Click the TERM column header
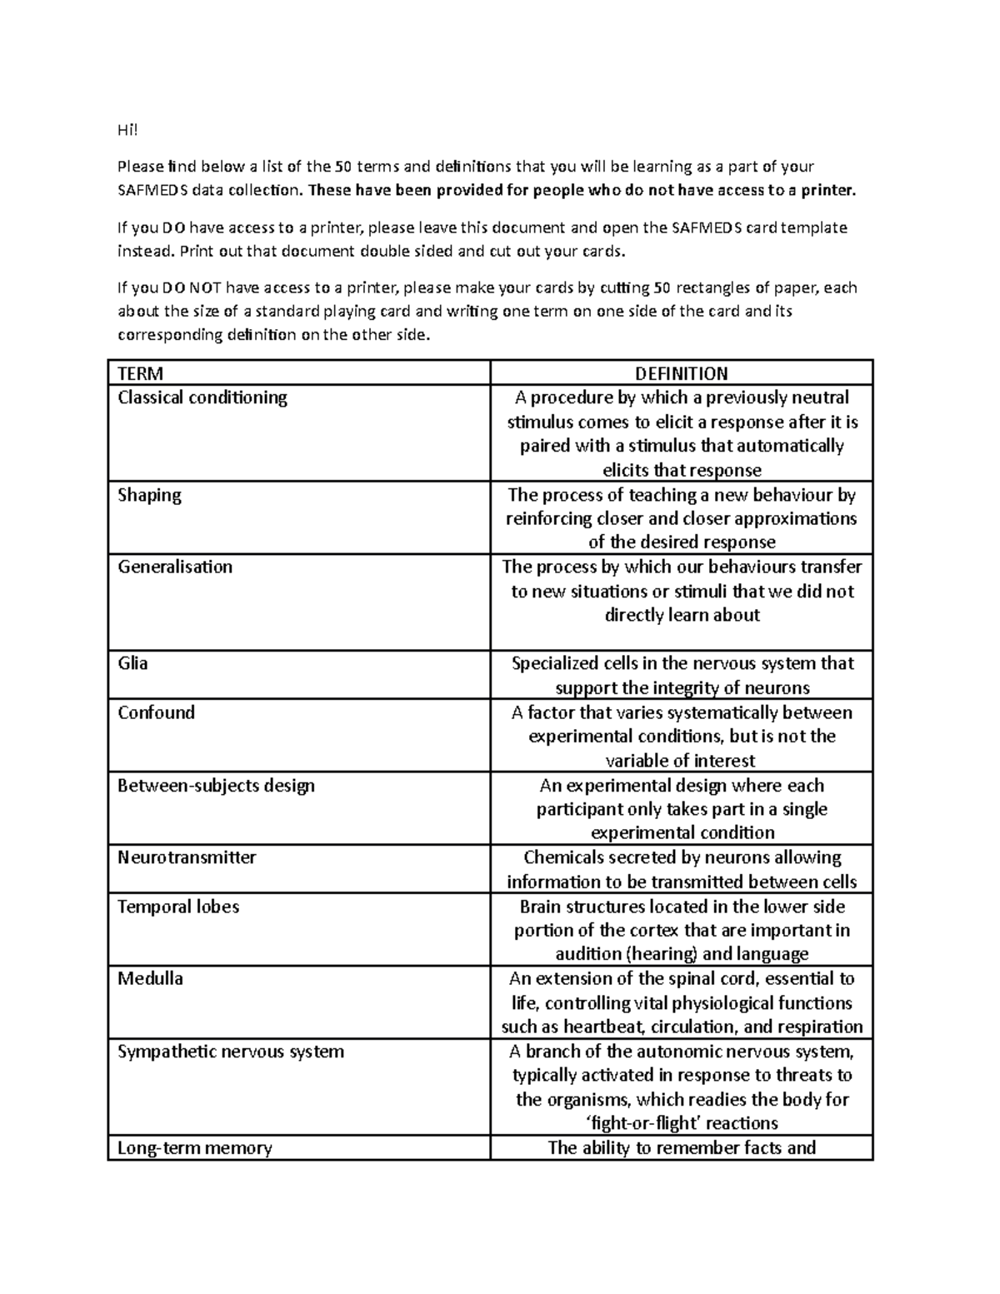point(140,373)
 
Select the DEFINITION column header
point(681,373)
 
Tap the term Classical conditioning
point(202,397)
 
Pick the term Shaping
point(149,495)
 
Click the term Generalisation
point(175,567)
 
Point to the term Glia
point(132,663)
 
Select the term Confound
point(156,712)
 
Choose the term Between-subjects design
point(216,785)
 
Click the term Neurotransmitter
point(187,857)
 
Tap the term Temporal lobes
point(178,907)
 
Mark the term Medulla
point(150,978)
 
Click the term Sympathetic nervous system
point(231,1052)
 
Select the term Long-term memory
point(195,1148)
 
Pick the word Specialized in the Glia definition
point(562,663)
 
